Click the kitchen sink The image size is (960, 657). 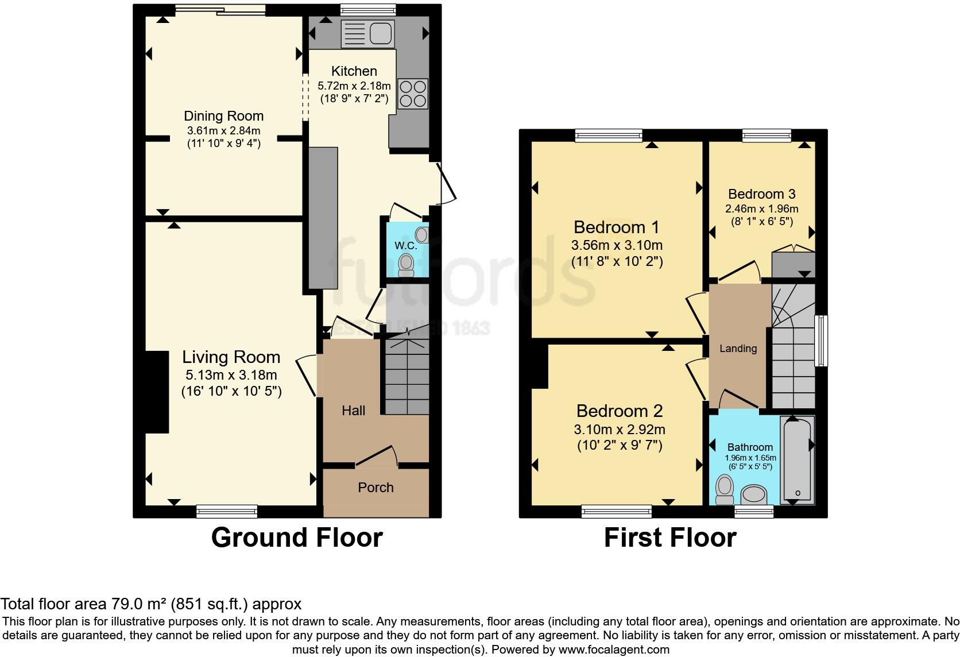coord(367,33)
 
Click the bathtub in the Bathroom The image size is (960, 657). coord(797,459)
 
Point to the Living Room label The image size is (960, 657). coord(231,357)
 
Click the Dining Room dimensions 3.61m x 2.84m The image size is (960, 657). coord(223,130)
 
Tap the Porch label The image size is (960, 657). coord(376,488)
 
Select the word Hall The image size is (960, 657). coord(353,411)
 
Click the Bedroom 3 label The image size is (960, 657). coord(761,194)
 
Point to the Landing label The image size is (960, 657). coord(738,349)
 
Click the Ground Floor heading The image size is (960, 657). coord(297,538)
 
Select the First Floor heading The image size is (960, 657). coord(670,538)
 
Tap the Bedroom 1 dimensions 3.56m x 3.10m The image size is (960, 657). coord(617,245)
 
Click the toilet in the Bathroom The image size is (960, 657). coord(725,490)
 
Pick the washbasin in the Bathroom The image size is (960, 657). coord(754,494)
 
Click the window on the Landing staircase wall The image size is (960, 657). coord(822,340)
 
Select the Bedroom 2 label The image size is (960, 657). coord(620,411)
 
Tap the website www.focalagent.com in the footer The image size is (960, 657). coord(614,650)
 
